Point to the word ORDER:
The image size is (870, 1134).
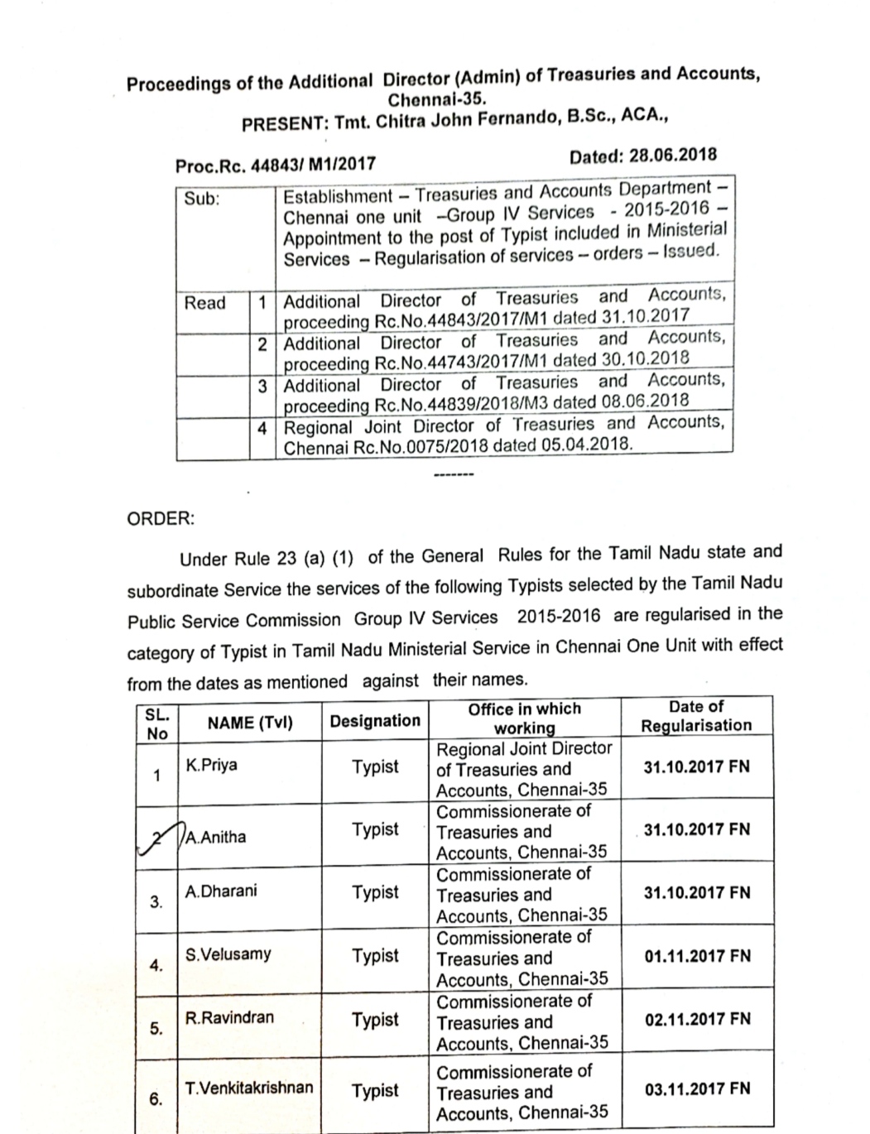(161, 519)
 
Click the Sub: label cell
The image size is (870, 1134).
(202, 199)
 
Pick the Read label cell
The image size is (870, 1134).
(204, 303)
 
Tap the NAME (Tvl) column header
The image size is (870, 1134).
(250, 723)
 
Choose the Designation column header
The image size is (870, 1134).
(375, 721)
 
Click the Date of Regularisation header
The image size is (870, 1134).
(696, 716)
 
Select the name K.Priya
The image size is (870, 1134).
(212, 765)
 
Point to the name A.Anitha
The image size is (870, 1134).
(217, 837)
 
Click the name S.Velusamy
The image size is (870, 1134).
(228, 954)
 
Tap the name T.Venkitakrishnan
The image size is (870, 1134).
(249, 1088)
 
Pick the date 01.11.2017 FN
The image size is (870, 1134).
(697, 956)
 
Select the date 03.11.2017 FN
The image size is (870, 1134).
(697, 1089)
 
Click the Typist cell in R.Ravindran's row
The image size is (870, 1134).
(375, 1020)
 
